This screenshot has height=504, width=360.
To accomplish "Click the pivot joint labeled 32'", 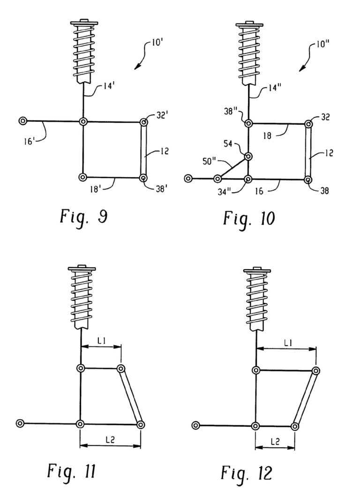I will (143, 122).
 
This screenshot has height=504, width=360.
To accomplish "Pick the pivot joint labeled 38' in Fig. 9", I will (143, 178).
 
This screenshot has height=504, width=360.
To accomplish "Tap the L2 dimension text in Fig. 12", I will (275, 441).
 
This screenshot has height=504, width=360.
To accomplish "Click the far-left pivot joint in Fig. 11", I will (20, 423).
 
